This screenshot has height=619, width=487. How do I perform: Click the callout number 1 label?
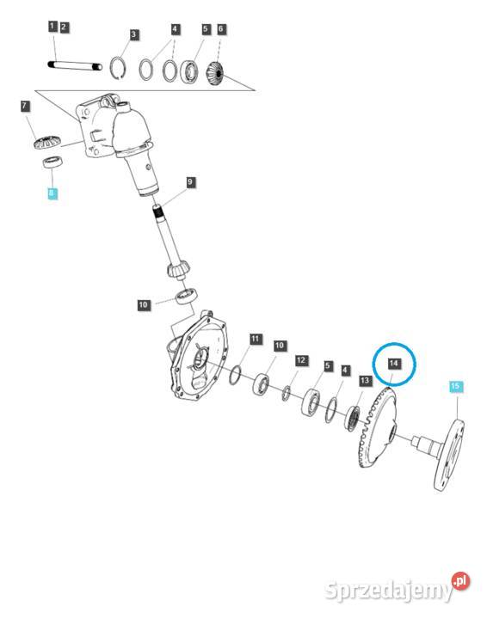(52, 27)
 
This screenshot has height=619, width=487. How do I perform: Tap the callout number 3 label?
(133, 34)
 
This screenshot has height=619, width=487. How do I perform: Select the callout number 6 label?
(220, 29)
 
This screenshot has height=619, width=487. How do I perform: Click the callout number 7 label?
(25, 106)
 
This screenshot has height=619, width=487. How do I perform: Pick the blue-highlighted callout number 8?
(52, 193)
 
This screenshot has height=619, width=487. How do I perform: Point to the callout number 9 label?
(190, 182)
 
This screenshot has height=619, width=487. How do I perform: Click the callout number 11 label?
(256, 339)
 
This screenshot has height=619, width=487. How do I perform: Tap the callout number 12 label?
(301, 360)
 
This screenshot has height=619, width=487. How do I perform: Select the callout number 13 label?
(365, 381)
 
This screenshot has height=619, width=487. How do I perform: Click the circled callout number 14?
(394, 364)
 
